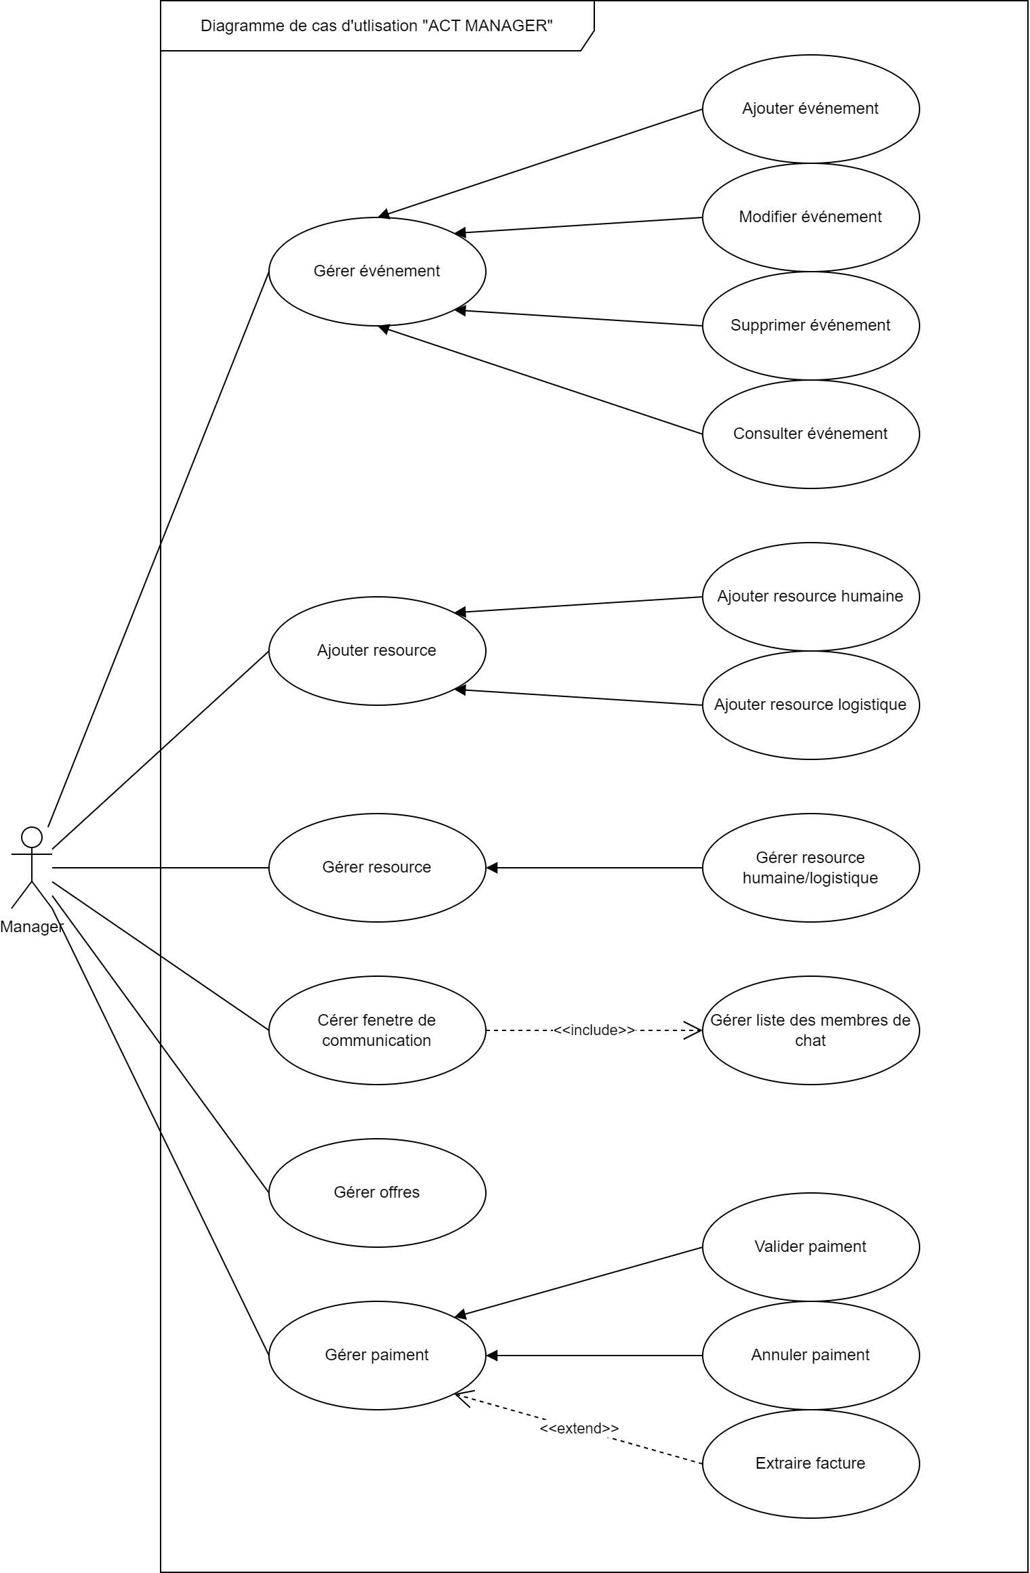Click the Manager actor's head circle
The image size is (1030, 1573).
[31, 837]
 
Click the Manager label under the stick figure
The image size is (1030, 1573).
[31, 927]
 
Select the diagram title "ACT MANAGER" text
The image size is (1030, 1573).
[377, 26]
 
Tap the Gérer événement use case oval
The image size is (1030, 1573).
[377, 271]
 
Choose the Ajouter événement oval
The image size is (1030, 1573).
[810, 108]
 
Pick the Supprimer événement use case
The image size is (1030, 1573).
[810, 325]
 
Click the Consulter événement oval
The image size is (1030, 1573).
[810, 434]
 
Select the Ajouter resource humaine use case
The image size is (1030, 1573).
[810, 596]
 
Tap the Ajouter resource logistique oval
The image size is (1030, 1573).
[810, 705]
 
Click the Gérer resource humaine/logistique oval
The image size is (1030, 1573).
[810, 867]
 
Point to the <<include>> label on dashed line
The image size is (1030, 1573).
[594, 1030]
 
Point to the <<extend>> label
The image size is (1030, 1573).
[579, 1428]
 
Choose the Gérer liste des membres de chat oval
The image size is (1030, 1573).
[810, 1030]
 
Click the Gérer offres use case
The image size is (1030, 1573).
[377, 1192]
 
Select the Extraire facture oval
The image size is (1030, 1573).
[810, 1463]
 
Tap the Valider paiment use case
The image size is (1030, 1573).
[810, 1246]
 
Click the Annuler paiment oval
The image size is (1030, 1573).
[810, 1355]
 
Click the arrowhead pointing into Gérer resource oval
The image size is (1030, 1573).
[493, 868]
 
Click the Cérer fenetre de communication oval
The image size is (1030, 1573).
[377, 1030]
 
